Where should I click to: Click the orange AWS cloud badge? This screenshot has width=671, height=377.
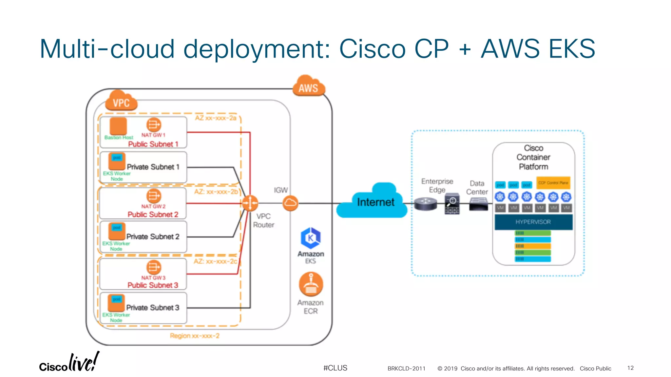(309, 87)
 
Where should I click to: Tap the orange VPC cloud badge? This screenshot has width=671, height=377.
(121, 102)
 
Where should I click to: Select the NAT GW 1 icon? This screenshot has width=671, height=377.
(154, 125)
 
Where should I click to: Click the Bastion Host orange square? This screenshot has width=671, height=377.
(118, 126)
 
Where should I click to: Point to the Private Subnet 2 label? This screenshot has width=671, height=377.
(153, 237)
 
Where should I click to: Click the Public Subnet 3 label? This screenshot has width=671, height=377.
(153, 285)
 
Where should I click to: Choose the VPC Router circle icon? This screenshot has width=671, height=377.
(250, 203)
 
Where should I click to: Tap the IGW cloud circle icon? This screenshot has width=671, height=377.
(290, 203)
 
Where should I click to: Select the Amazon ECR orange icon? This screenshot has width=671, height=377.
(311, 284)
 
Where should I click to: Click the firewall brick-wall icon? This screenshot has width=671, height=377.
(452, 204)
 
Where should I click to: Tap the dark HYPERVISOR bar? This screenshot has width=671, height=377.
(533, 222)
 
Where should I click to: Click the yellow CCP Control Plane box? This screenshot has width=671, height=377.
(553, 183)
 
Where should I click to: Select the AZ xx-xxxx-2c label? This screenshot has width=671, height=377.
(215, 261)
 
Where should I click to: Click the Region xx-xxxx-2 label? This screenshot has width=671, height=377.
(195, 336)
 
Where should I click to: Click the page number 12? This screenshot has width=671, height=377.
(630, 368)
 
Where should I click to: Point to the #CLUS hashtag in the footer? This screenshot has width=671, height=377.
(335, 368)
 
